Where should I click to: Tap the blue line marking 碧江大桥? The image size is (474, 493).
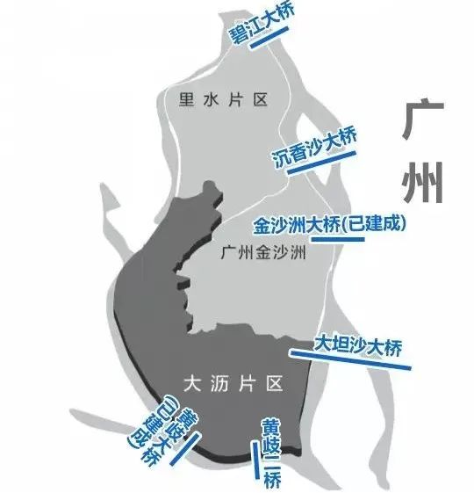[x=269, y=38]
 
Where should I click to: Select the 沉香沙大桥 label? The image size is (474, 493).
[x=314, y=147]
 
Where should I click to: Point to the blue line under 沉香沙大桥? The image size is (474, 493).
[x=321, y=163]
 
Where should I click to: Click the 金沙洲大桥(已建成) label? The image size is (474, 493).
[x=329, y=224]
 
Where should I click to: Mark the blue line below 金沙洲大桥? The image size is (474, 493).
[x=338, y=240]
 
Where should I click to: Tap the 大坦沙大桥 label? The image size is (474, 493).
[x=358, y=346]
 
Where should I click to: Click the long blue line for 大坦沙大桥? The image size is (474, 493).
[x=350, y=359]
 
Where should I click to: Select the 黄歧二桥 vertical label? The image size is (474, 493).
[x=271, y=453]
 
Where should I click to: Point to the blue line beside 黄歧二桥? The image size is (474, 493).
[x=255, y=460]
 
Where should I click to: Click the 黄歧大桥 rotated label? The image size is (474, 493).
[x=162, y=436]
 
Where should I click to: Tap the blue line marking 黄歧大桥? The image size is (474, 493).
[x=185, y=448]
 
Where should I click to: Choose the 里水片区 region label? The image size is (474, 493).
[x=223, y=100]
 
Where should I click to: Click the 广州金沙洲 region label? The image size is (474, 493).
[x=263, y=252]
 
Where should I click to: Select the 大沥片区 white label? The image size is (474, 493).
[x=233, y=383]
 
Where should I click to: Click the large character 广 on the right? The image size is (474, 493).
[x=422, y=119]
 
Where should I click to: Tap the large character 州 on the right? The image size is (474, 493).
[x=423, y=183]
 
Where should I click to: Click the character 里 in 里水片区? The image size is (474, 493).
[x=186, y=100]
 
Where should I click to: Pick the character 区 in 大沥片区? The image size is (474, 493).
[x=275, y=383]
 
